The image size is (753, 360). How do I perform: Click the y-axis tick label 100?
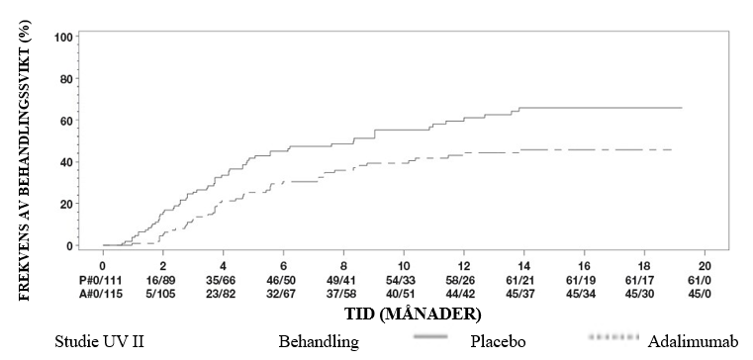(64, 37)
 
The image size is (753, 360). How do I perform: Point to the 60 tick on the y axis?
(67, 120)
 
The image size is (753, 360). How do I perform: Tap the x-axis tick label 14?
(523, 267)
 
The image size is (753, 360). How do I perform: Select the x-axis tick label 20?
(705, 267)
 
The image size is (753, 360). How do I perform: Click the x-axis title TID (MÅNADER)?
(413, 314)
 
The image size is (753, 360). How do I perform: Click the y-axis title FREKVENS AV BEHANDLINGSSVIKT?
(25, 160)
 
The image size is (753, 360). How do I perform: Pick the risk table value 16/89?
(163, 280)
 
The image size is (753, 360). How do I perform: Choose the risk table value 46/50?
(283, 280)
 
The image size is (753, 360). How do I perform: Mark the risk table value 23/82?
(223, 294)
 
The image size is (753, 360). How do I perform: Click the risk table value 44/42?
(464, 294)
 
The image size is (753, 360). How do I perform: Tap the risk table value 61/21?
(523, 280)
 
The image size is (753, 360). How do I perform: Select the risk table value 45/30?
(644, 294)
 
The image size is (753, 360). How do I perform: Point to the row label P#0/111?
(101, 280)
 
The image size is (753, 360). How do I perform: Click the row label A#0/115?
(101, 294)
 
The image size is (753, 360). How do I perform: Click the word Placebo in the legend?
(498, 342)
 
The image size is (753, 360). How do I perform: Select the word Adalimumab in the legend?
(693, 342)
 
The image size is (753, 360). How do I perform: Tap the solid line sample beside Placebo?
(430, 337)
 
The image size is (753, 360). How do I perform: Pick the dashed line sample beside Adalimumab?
(613, 337)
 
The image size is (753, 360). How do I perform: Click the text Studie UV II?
(99, 342)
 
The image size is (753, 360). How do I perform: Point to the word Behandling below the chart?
(319, 342)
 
